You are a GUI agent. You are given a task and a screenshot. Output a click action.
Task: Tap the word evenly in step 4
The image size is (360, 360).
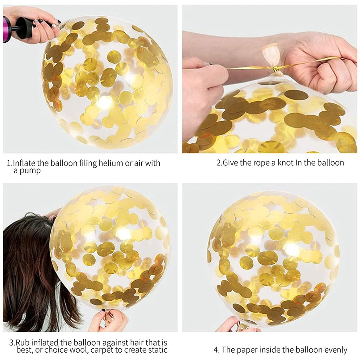click(x=336, y=350)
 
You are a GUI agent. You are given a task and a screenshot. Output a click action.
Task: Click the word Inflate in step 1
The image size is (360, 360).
click(x=24, y=163)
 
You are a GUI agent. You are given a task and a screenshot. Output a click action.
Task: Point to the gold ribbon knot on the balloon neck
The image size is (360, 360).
click(x=275, y=69)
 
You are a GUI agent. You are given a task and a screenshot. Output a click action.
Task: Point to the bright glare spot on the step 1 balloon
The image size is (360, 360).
click(x=104, y=102)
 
